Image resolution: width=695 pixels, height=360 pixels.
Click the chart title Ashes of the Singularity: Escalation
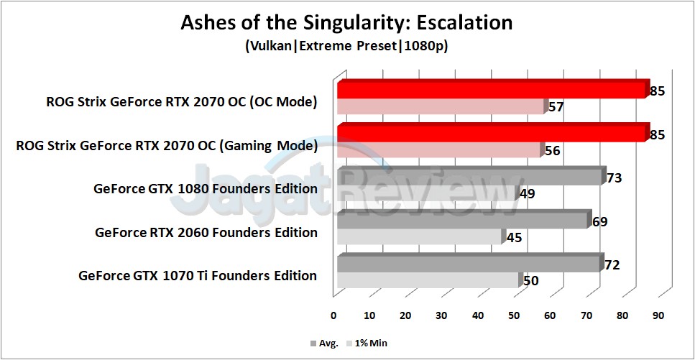pos(346,22)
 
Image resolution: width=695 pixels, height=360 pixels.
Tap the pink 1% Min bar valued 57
pos(440,106)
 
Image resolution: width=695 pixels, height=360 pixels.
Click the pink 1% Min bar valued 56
pos(438,150)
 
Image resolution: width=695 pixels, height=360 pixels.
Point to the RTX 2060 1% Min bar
pos(418,236)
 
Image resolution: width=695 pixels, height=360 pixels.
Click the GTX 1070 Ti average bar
pos(467,264)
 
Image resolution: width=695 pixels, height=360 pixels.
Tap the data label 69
pos(599,222)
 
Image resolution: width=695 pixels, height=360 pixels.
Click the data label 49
pos(527,194)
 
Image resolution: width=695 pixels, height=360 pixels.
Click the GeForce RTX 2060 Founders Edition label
pos(206,233)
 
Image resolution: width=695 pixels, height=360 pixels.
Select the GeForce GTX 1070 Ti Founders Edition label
pos(198,276)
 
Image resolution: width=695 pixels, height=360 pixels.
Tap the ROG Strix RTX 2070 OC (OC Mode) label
pos(180,102)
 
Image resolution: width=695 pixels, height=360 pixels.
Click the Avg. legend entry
pos(325,343)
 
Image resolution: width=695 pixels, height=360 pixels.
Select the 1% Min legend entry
pos(368,343)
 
